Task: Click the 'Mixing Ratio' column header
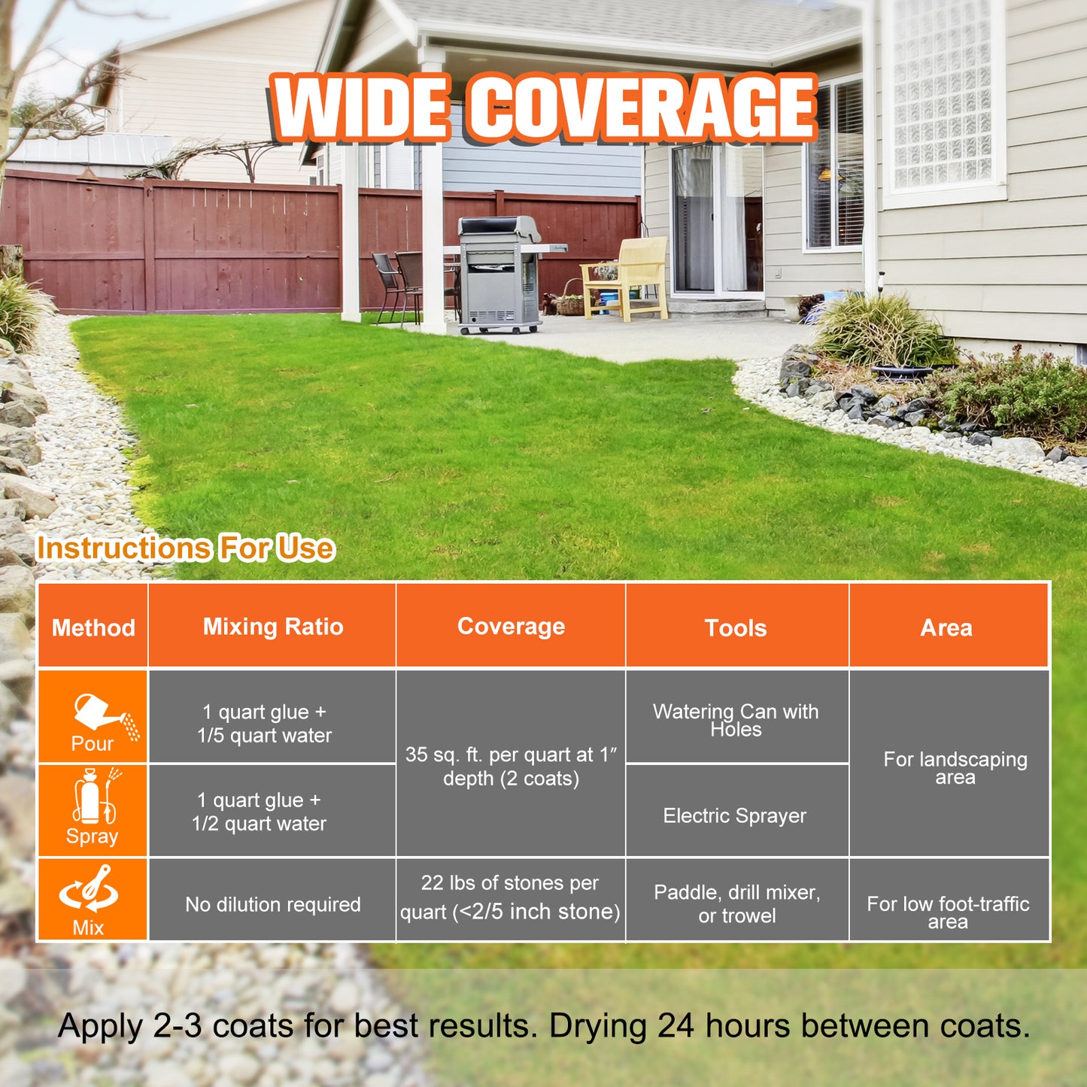click(273, 627)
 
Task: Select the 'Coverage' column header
click(511, 626)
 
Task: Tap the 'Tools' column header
click(736, 628)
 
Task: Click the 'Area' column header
click(946, 628)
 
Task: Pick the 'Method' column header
click(93, 628)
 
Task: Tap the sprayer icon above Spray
click(96, 796)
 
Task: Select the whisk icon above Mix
click(90, 889)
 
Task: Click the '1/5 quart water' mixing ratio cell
click(264, 724)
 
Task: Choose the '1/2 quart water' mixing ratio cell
click(259, 812)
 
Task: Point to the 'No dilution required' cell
click(273, 904)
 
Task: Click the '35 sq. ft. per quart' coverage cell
click(511, 766)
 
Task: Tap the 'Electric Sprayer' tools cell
click(734, 815)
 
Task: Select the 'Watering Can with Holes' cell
click(736, 720)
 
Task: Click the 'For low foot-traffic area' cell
click(948, 912)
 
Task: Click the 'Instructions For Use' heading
click(186, 548)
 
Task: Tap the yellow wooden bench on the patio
click(624, 278)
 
